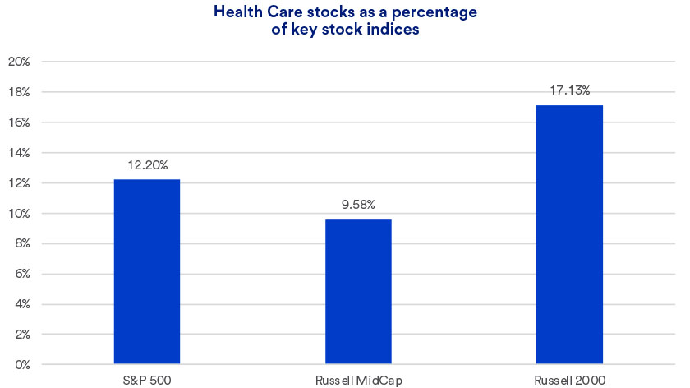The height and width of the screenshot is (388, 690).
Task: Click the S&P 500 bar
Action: pyautogui.click(x=147, y=272)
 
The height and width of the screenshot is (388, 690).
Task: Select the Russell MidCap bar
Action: pyautogui.click(x=358, y=292)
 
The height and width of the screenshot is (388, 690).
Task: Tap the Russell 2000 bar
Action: pyautogui.click(x=569, y=234)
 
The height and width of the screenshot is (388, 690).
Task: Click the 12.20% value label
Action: pyautogui.click(x=147, y=164)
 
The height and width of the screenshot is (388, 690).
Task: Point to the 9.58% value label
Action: pyautogui.click(x=358, y=205)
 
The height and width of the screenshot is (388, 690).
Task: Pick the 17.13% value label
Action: pyautogui.click(x=569, y=90)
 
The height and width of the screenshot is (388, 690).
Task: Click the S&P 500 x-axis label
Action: pyautogui.click(x=147, y=379)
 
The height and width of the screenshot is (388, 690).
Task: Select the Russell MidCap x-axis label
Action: pyautogui.click(x=358, y=379)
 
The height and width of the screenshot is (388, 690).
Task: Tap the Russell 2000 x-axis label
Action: pyautogui.click(x=569, y=379)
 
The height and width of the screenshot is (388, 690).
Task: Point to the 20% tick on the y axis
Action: pyautogui.click(x=18, y=62)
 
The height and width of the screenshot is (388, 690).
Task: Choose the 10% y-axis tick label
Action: pyautogui.click(x=18, y=213)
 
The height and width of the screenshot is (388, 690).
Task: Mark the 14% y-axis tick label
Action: pyautogui.click(x=18, y=153)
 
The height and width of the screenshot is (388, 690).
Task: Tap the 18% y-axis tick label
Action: pyautogui.click(x=18, y=92)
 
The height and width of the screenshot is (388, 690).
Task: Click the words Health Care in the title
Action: pyautogui.click(x=250, y=12)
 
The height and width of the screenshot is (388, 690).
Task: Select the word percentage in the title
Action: pyautogui.click(x=435, y=12)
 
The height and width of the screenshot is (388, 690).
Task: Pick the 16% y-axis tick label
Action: pyautogui.click(x=18, y=122)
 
